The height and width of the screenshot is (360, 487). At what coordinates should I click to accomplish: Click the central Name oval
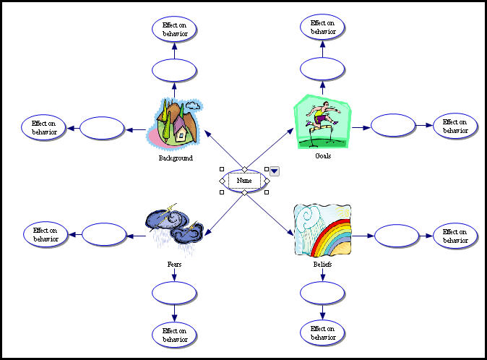point(244,180)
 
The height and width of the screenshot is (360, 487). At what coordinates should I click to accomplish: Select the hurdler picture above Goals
point(322,121)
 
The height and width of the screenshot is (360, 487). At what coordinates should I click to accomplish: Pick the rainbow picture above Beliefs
point(322,230)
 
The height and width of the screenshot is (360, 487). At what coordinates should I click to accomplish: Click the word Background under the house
point(176,158)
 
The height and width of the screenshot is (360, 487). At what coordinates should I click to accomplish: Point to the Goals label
point(323,155)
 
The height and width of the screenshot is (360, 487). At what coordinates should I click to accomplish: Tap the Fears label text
point(174,265)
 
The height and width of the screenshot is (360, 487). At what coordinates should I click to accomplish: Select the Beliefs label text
point(322,265)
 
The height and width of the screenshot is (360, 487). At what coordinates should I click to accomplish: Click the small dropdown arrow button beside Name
point(275,171)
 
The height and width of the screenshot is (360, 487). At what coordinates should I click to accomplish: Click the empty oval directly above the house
point(174,70)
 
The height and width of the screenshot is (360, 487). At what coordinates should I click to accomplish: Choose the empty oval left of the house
point(102,128)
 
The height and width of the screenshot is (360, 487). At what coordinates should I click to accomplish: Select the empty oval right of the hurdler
point(393,126)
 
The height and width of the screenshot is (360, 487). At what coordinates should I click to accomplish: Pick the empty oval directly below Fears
point(174,293)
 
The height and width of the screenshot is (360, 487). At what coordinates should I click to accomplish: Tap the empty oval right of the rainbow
point(397,236)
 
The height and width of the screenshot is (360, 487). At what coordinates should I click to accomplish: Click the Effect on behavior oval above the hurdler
point(322,28)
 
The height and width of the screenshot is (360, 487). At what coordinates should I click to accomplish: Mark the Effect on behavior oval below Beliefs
point(322,333)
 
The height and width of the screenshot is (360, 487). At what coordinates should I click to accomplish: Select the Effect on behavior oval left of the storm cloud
point(46,234)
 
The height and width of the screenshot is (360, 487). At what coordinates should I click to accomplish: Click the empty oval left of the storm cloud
point(104,234)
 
